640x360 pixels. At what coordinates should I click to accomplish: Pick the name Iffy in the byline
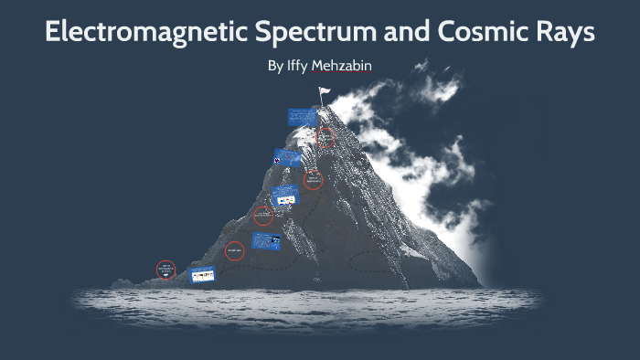point(297,67)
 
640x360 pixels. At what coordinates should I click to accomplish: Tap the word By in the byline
point(275,67)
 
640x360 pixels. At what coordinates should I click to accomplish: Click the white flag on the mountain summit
point(323,91)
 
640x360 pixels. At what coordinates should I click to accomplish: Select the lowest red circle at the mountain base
point(165,270)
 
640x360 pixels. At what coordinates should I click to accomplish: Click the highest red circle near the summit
point(325,138)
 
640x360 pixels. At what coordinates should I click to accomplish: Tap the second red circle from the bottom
point(234,250)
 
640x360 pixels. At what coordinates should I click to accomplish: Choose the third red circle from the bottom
point(263,217)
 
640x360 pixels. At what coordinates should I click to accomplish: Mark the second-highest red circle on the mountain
point(314,180)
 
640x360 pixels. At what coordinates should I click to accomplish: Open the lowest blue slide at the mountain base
point(201,274)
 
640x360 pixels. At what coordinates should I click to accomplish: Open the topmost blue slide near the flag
point(301,117)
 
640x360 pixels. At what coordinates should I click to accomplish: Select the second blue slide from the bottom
point(266,241)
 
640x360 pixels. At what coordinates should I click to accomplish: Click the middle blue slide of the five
point(285,196)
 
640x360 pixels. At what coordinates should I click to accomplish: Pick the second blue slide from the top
point(287,157)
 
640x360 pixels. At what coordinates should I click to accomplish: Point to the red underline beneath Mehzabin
point(347,75)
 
